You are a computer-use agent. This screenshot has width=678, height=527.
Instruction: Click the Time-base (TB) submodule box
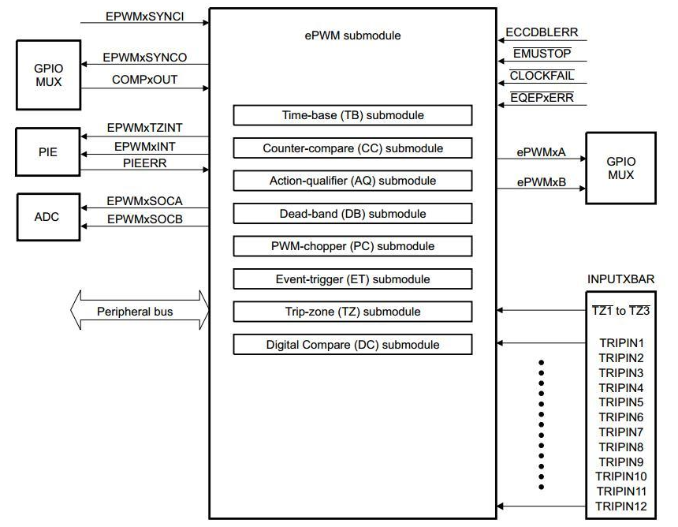pos(352,115)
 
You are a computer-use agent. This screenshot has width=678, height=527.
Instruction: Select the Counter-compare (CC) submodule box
pos(352,148)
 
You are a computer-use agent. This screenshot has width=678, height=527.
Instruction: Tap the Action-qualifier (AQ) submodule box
pos(352,181)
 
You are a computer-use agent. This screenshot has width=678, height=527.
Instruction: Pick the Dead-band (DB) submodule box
pos(352,214)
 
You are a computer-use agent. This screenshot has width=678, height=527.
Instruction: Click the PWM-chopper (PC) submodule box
pos(352,246)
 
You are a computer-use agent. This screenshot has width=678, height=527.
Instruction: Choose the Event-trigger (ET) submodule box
pos(352,279)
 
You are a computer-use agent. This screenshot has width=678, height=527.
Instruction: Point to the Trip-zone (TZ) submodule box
pos(352,312)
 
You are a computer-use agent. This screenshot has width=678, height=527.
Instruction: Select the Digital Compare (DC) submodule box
pos(352,345)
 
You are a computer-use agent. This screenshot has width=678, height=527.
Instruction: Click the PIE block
pos(48,149)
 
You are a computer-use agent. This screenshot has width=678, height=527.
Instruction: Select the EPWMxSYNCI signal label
pos(144,16)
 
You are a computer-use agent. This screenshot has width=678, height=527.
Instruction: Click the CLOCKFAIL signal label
pos(542,77)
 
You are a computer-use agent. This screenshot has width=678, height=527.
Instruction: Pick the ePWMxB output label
pos(541,181)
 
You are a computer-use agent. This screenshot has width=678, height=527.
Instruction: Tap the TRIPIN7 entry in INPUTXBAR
pos(620,432)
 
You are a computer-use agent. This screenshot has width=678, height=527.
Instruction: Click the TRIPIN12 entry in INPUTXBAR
pos(620,506)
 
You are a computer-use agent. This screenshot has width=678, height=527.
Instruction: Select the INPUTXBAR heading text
pos(620,279)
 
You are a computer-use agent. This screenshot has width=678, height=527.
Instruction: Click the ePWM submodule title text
pos(352,36)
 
